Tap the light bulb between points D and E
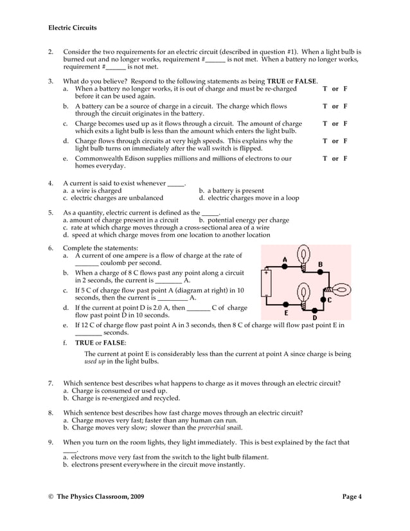click(x=300, y=296)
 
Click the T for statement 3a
click(x=325, y=89)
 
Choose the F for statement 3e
click(x=345, y=158)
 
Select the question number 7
click(x=51, y=383)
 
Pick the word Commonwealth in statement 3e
click(x=103, y=158)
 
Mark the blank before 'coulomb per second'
click(x=87, y=264)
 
